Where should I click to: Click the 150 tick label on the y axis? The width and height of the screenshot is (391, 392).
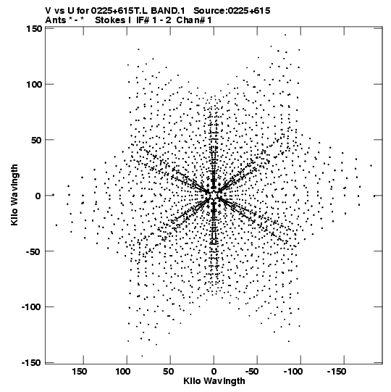[x=35, y=29]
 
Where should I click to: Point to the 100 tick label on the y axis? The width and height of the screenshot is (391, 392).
[x=35, y=84]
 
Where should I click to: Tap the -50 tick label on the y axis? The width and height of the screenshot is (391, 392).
[x=33, y=251]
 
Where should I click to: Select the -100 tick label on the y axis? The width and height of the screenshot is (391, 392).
[x=30, y=306]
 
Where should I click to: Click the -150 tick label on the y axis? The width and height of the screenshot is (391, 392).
[x=30, y=362]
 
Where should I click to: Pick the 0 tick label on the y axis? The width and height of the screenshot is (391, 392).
[x=38, y=196]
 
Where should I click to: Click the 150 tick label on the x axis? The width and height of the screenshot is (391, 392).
[x=79, y=372]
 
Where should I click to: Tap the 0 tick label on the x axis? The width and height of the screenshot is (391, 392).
[x=214, y=372]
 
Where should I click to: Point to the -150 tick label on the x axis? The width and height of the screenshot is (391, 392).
[x=337, y=372]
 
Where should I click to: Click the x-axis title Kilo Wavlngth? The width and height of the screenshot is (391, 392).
[x=214, y=382]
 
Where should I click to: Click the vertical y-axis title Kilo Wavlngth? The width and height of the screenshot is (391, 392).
[x=14, y=195]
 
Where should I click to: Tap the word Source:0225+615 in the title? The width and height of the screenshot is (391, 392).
[x=232, y=11]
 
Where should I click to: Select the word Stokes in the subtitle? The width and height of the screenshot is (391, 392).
[x=110, y=20]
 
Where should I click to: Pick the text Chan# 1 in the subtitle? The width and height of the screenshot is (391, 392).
[x=194, y=20]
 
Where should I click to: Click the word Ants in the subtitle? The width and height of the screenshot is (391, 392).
[x=56, y=20]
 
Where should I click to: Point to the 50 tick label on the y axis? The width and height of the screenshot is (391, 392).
[x=36, y=140]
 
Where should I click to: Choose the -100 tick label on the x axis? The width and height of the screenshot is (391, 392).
[x=293, y=372]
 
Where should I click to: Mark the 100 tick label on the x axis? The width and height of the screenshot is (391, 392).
[x=122, y=372]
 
